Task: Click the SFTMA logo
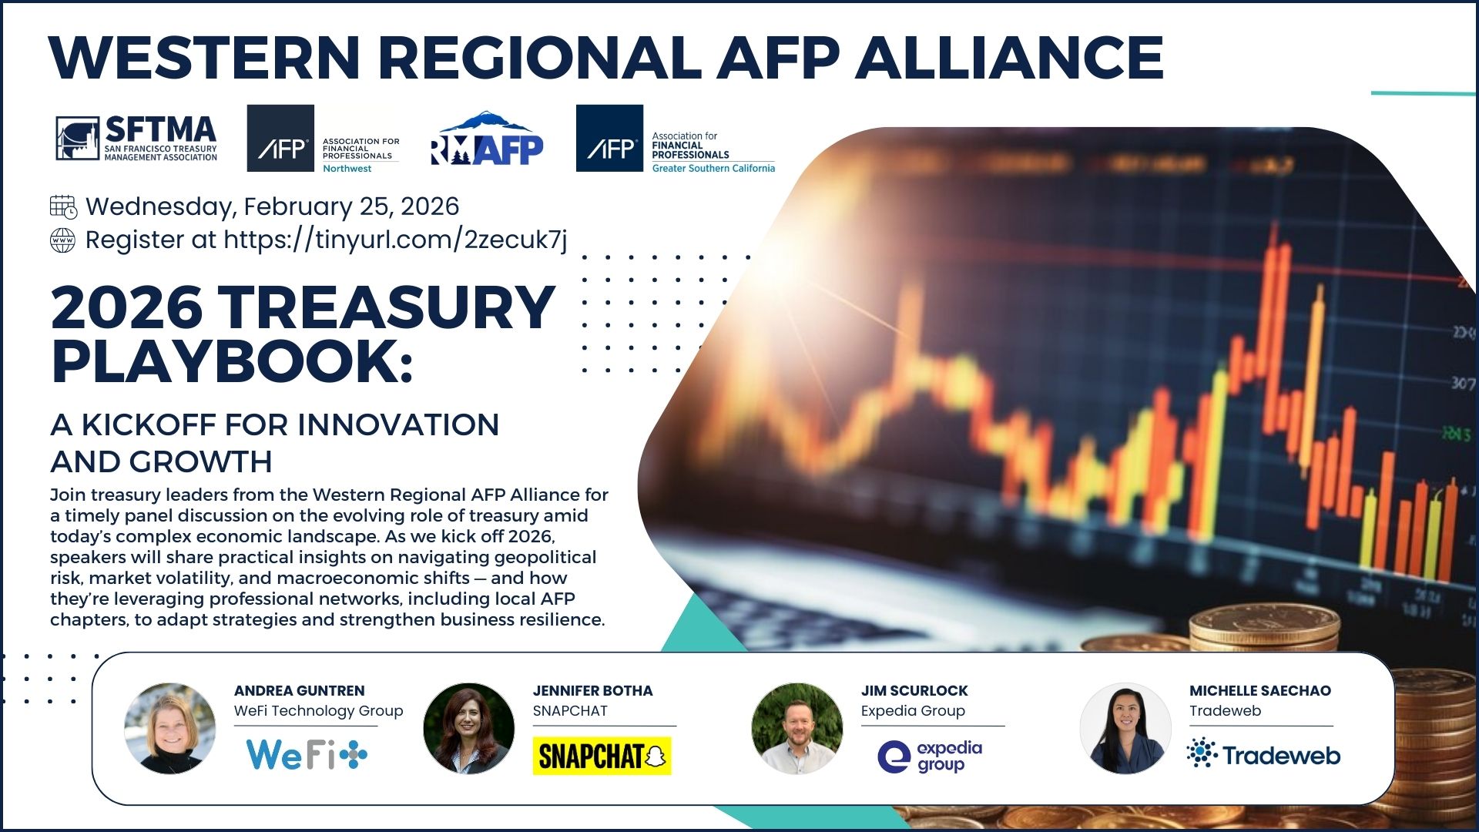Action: click(136, 139)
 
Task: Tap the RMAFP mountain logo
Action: click(486, 139)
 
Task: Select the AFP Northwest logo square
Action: click(280, 139)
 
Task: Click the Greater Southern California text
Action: click(713, 169)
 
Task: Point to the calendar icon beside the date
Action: click(63, 206)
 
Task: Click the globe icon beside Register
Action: click(63, 240)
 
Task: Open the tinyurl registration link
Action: click(395, 240)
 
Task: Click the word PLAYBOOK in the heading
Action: click(232, 361)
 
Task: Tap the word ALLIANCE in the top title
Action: click(1009, 57)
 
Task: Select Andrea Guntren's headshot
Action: click(170, 728)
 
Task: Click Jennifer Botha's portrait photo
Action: click(469, 728)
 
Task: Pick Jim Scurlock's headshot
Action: click(797, 728)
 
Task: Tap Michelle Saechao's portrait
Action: click(1125, 728)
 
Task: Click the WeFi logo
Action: click(307, 754)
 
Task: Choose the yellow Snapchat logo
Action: click(602, 756)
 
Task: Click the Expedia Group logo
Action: click(931, 757)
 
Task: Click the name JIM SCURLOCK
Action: click(914, 691)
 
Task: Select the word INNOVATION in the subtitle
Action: click(398, 424)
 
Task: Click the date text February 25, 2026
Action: click(351, 206)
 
